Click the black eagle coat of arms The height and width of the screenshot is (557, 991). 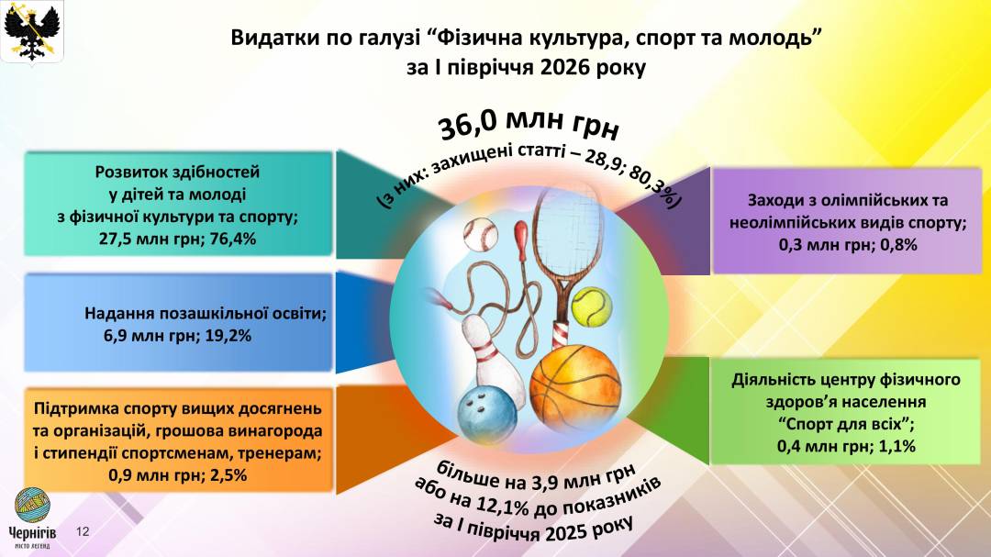point(31,30)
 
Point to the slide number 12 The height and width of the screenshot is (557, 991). point(83,531)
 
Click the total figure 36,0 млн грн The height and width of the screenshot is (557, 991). point(529,124)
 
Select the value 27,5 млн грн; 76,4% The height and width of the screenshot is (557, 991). point(178,239)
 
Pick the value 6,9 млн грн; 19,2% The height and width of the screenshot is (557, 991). point(178,336)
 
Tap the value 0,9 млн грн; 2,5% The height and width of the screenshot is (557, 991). point(178,474)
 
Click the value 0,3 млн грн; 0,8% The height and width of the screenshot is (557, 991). point(848,245)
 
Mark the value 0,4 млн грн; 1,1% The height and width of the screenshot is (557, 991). point(846,446)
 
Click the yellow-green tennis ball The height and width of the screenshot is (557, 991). point(592,306)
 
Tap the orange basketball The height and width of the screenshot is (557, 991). point(575,387)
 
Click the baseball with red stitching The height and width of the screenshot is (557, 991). point(480,235)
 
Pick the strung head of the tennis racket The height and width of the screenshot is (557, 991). point(563,233)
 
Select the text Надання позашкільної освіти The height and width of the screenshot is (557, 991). point(206,314)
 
